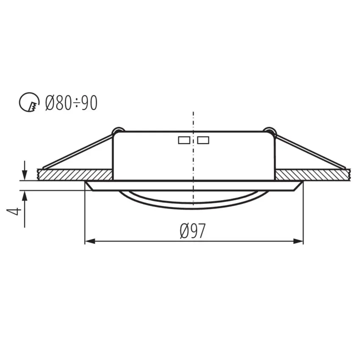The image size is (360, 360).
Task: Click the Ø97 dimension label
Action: (193, 231)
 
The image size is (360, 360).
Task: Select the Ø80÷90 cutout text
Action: (71, 103)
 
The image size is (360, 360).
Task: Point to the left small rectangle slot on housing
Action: (184, 140)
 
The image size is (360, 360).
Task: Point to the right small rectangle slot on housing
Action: (203, 140)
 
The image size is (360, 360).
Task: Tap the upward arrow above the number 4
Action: (25, 196)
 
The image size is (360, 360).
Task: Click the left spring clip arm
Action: (78, 150)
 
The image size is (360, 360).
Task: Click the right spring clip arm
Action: (309, 150)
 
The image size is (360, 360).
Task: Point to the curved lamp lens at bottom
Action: (194, 205)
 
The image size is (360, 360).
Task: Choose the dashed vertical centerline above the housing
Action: (194, 121)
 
